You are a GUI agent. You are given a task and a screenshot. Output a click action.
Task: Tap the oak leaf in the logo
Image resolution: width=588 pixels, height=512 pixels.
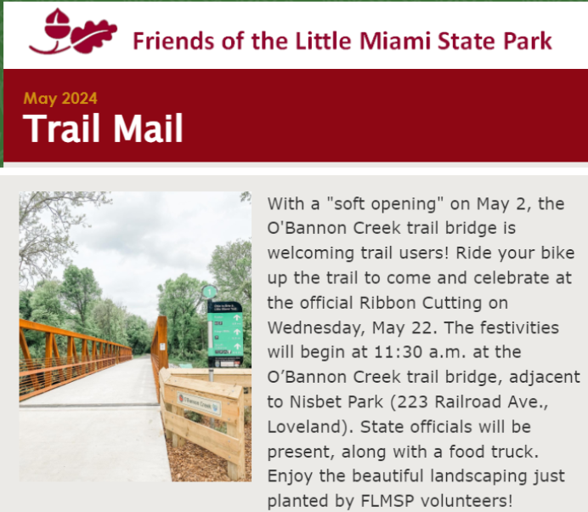click(x=94, y=36)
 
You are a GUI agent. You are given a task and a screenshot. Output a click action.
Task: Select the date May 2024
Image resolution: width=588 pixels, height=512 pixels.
click(x=60, y=99)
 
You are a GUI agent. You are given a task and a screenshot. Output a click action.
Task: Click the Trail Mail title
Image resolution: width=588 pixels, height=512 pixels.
click(x=103, y=128)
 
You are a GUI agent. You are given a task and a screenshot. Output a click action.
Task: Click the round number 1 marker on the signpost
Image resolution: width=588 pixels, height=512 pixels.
click(x=210, y=292)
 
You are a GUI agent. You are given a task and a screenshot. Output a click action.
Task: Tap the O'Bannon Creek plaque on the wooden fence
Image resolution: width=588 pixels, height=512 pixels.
click(x=199, y=404)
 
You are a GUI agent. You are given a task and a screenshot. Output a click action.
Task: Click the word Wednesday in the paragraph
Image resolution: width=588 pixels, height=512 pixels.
click(x=316, y=328)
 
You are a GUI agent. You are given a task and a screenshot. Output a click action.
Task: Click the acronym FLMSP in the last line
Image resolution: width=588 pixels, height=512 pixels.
click(x=387, y=501)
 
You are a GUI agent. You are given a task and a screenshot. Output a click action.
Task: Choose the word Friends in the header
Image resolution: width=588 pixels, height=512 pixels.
click(x=173, y=41)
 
